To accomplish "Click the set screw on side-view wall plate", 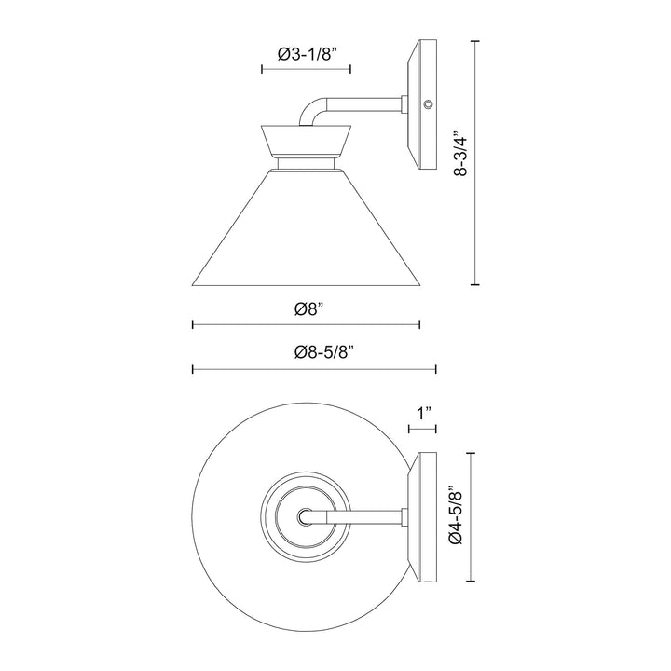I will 428,106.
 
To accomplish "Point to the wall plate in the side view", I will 424,104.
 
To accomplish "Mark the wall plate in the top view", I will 424,514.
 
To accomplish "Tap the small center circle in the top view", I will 306,514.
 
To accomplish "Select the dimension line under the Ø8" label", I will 307,324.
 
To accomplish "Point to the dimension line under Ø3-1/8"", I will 305,69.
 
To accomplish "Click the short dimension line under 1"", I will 424,430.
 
